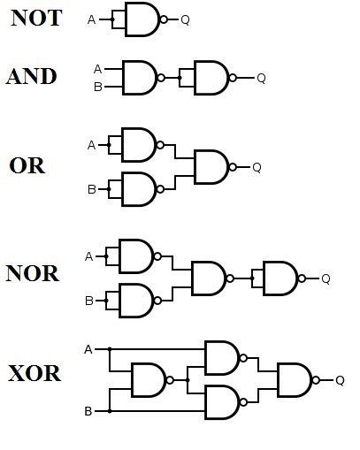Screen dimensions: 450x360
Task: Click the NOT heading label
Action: point(36,18)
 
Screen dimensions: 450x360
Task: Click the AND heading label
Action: point(32,76)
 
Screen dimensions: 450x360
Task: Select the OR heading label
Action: point(27,165)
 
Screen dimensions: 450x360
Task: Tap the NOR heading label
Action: point(32,272)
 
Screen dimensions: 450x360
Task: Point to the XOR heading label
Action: point(34,373)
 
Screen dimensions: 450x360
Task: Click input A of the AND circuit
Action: point(97,69)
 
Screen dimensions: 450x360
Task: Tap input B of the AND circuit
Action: point(97,87)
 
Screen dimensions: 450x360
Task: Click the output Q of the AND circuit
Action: point(261,79)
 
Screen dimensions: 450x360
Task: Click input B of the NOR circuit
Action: point(88,301)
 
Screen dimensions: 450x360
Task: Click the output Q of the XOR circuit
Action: point(340,381)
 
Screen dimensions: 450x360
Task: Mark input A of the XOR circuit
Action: point(88,348)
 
